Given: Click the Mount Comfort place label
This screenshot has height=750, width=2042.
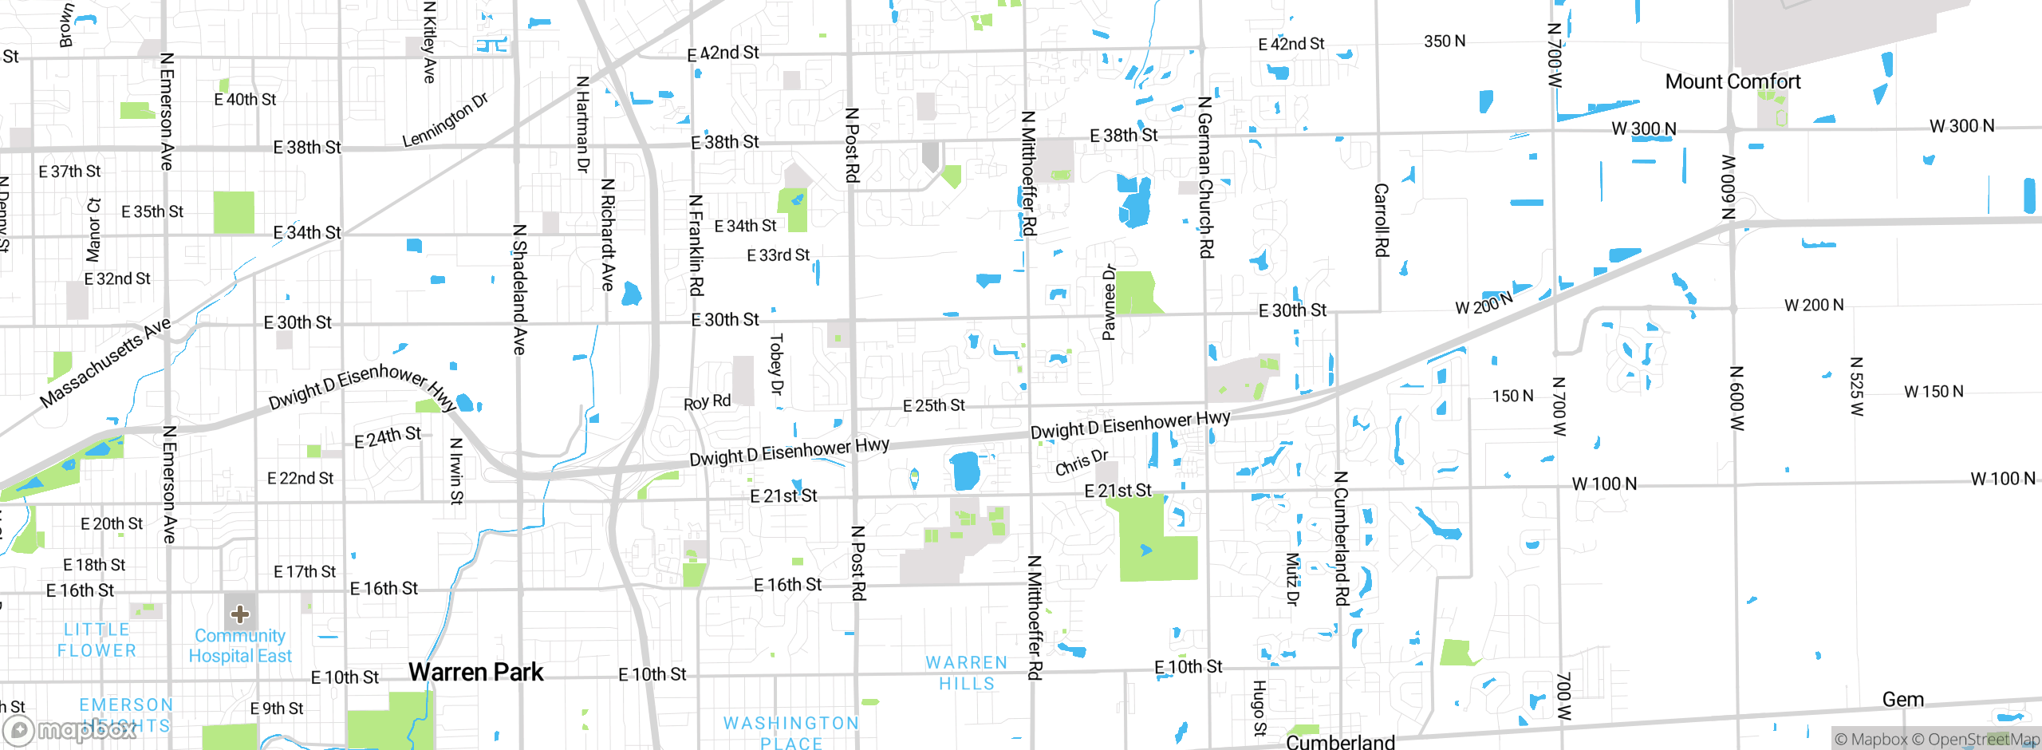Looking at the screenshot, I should pyautogui.click(x=1733, y=81).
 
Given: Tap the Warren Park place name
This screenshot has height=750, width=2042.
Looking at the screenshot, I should pyautogui.click(x=475, y=672).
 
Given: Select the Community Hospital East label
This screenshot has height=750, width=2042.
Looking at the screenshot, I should pyautogui.click(x=240, y=645).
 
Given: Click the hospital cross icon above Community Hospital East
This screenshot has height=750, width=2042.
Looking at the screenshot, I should pyautogui.click(x=240, y=614).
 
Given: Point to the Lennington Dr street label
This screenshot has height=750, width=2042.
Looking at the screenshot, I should pyautogui.click(x=444, y=120).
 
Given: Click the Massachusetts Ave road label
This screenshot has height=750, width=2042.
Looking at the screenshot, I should pyautogui.click(x=105, y=361).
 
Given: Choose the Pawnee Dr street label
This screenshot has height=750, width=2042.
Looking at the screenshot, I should pyautogui.click(x=1109, y=302).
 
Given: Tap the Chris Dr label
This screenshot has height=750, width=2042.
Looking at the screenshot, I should pyautogui.click(x=1082, y=462).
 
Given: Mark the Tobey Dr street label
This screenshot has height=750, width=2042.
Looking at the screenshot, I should pyautogui.click(x=776, y=364).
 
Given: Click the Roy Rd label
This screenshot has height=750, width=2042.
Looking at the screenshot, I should pyautogui.click(x=707, y=402).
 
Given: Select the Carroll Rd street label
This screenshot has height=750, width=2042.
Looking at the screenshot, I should pyautogui.click(x=1381, y=220).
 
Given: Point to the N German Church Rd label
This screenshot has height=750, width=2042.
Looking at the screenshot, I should pyautogui.click(x=1205, y=177).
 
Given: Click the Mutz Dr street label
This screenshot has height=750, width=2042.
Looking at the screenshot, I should pyautogui.click(x=1292, y=579).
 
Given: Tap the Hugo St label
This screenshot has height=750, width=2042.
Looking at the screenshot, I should pyautogui.click(x=1259, y=708).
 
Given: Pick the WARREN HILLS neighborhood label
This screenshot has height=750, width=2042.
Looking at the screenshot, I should pyautogui.click(x=967, y=673).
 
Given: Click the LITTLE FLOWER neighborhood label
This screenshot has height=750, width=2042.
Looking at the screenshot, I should pyautogui.click(x=97, y=640).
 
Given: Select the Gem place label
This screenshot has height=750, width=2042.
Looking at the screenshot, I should pyautogui.click(x=1902, y=700).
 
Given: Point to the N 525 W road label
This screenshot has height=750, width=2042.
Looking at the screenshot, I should pyautogui.click(x=1856, y=387).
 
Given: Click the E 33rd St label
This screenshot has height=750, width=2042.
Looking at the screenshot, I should pyautogui.click(x=778, y=255).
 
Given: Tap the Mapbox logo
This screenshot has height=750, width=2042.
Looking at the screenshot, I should pyautogui.click(x=70, y=729).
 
